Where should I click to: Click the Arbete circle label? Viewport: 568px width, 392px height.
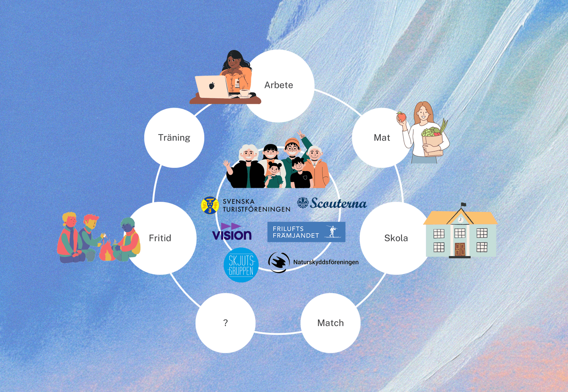pos(279,85)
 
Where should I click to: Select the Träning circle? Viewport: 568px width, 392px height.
pos(174,138)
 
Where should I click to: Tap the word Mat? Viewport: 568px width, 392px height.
pos(382,138)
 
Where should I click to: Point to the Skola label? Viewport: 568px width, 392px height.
pos(396,238)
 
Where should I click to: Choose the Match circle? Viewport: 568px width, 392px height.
pos(330,323)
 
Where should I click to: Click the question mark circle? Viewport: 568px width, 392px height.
pos(225,323)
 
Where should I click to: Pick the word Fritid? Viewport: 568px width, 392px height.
pos(160,238)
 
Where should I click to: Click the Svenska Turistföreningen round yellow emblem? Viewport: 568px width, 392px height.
pos(210,205)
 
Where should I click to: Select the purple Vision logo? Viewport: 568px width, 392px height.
pos(232,232)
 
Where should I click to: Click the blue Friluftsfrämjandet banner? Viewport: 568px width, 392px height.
pos(306,232)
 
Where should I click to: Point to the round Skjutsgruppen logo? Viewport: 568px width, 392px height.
pos(241,265)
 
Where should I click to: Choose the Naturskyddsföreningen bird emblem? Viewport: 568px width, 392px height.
pos(279,262)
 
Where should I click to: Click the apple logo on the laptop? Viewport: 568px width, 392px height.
pos(212,86)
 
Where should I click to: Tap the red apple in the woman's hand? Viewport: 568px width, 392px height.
pos(401,117)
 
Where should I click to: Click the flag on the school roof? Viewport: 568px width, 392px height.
pos(463,205)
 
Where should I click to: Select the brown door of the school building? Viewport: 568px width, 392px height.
pos(460,249)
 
